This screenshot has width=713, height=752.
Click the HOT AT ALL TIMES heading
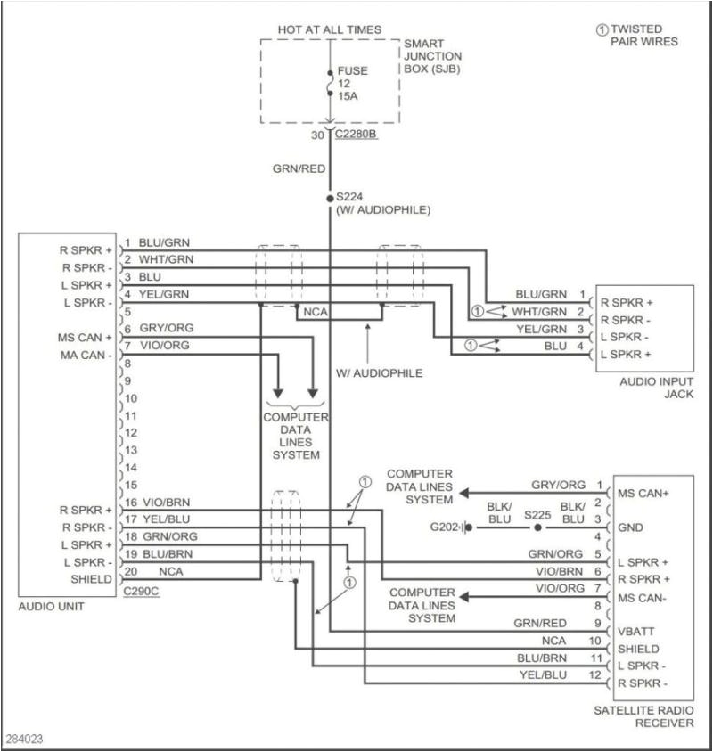[329, 29]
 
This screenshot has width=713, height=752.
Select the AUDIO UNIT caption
[50, 607]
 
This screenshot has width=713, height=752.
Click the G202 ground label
[446, 527]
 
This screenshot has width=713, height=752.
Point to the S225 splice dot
[537, 527]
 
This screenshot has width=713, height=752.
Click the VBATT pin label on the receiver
[635, 630]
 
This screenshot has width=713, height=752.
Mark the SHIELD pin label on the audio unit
[92, 579]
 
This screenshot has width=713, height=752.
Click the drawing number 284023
[23, 740]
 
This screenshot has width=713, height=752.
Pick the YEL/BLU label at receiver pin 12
[544, 674]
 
